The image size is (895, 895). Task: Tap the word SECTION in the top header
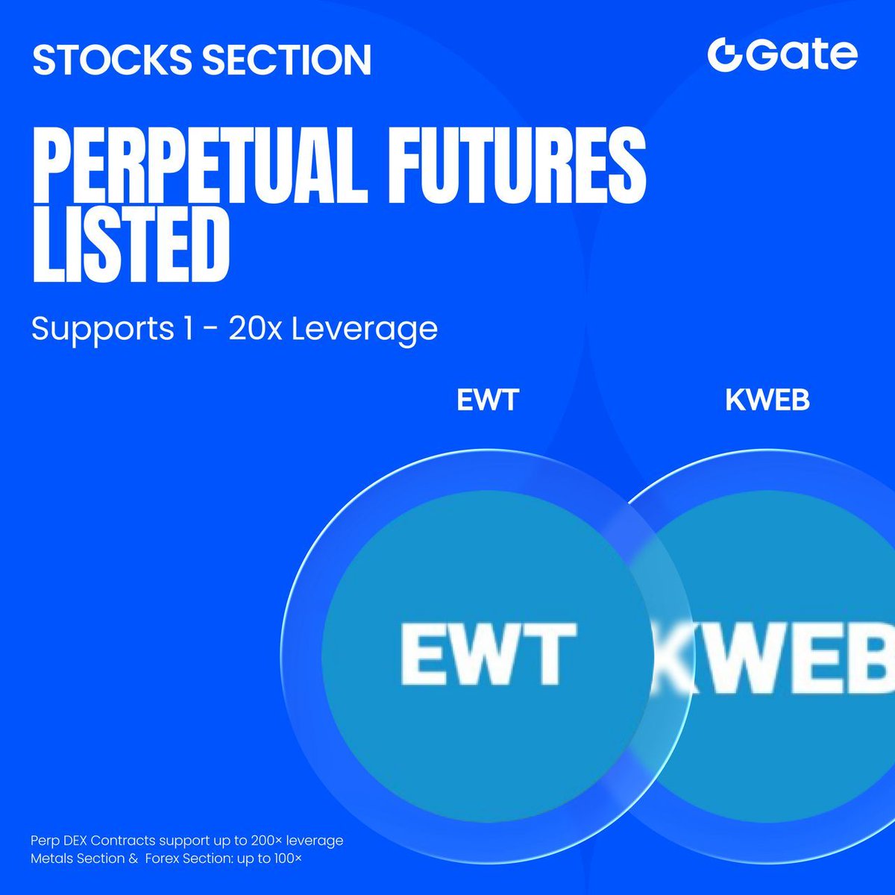click(287, 60)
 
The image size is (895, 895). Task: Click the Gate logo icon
click(725, 55)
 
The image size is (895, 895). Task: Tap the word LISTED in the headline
click(131, 245)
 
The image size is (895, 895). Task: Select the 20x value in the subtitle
click(255, 328)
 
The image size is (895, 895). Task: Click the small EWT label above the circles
click(488, 400)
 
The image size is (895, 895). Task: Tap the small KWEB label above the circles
click(767, 400)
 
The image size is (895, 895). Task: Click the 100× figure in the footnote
click(287, 858)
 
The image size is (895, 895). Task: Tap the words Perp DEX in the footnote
click(59, 841)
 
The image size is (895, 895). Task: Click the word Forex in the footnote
click(162, 858)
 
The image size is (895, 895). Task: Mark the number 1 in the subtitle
click(188, 328)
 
